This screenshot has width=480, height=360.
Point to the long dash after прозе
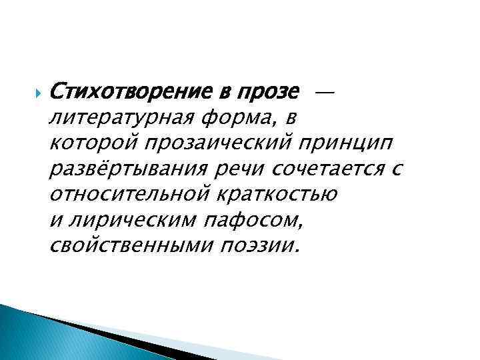pos(323,89)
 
